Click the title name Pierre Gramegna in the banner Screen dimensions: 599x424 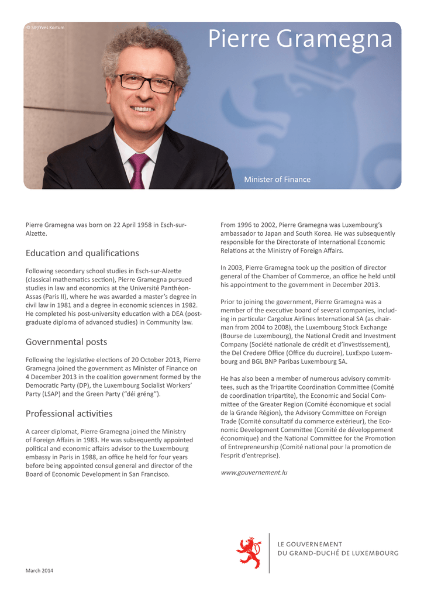301,39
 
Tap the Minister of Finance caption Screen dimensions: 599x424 277,180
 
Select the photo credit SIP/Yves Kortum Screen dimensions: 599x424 46,27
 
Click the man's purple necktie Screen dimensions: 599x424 138,169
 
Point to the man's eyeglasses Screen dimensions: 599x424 146,82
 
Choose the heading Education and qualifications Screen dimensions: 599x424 82,253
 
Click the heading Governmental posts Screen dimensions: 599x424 66,342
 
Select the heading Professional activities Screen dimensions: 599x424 69,414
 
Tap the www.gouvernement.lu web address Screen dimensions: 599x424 254,472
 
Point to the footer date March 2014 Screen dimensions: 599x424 39,570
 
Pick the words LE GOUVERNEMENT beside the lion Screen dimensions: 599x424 309,544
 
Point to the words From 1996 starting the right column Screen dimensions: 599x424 237,225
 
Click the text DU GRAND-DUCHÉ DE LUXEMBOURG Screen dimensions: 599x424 337,553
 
